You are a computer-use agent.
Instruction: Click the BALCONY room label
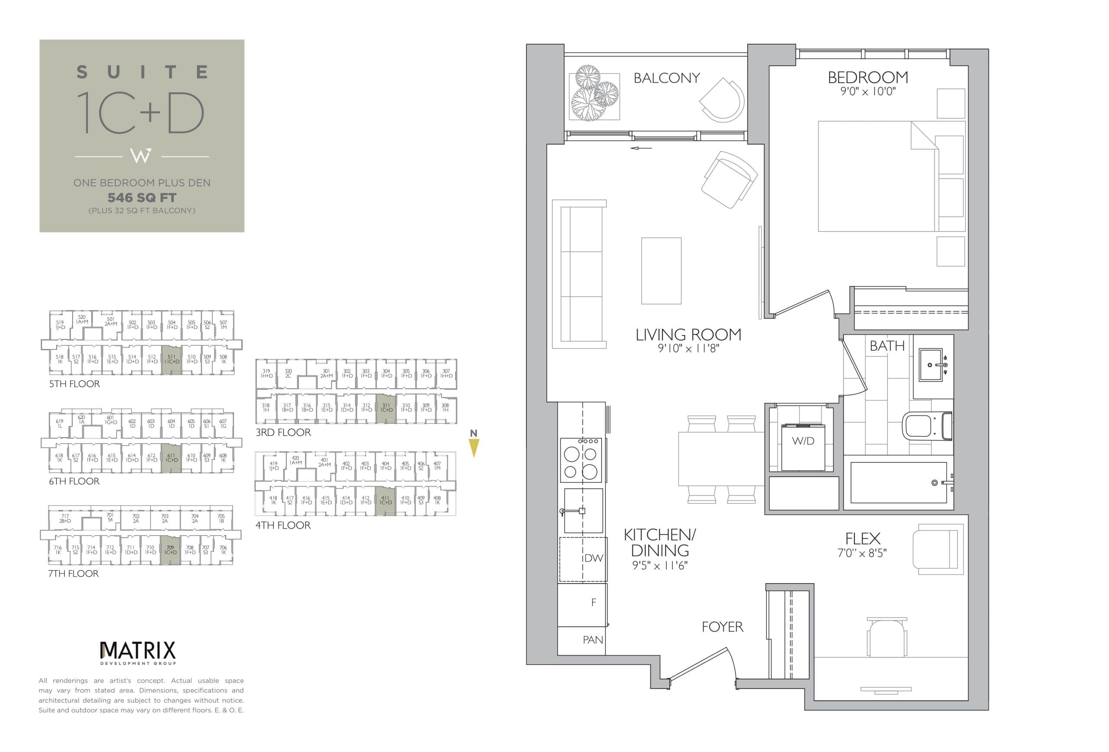point(666,78)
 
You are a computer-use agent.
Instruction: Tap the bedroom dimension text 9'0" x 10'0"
point(868,91)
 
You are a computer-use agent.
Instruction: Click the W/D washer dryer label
point(803,441)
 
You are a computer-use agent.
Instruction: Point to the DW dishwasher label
point(593,558)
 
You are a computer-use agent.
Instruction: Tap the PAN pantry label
point(593,640)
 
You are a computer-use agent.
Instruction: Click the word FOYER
point(722,626)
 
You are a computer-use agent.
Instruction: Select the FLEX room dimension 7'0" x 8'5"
point(862,553)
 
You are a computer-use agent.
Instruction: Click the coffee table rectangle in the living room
point(661,271)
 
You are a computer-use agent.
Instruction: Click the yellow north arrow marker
point(473,447)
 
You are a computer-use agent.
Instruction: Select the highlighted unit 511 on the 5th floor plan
point(171,359)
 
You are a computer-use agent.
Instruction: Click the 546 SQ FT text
point(142,197)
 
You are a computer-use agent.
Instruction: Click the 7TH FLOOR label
point(74,574)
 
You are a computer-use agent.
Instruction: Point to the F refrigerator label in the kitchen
point(593,602)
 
